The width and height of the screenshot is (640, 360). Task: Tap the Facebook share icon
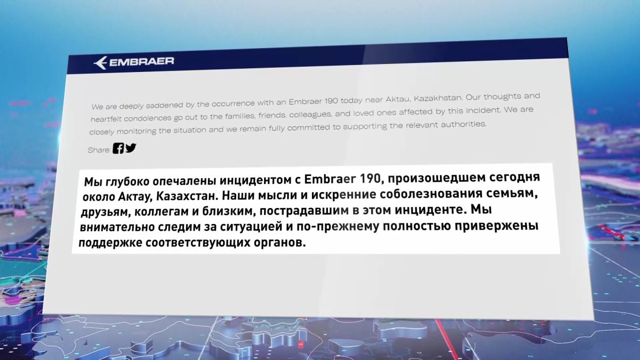point(118,149)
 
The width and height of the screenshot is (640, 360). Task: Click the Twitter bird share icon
point(131,148)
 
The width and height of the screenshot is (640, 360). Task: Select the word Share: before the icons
point(99,150)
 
